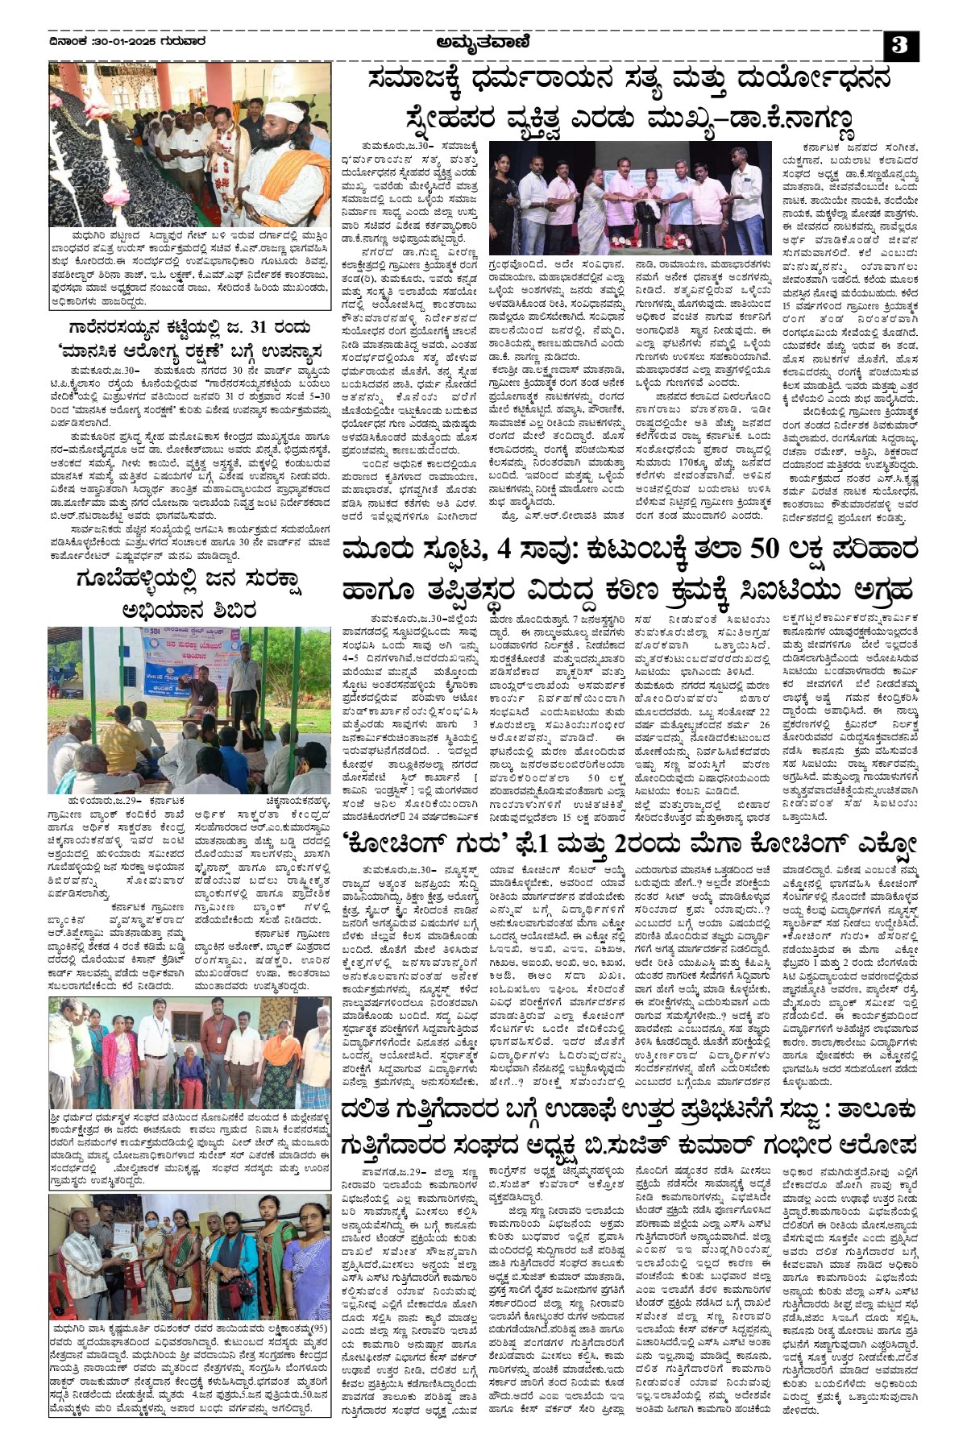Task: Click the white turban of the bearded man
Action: tap(283, 111)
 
